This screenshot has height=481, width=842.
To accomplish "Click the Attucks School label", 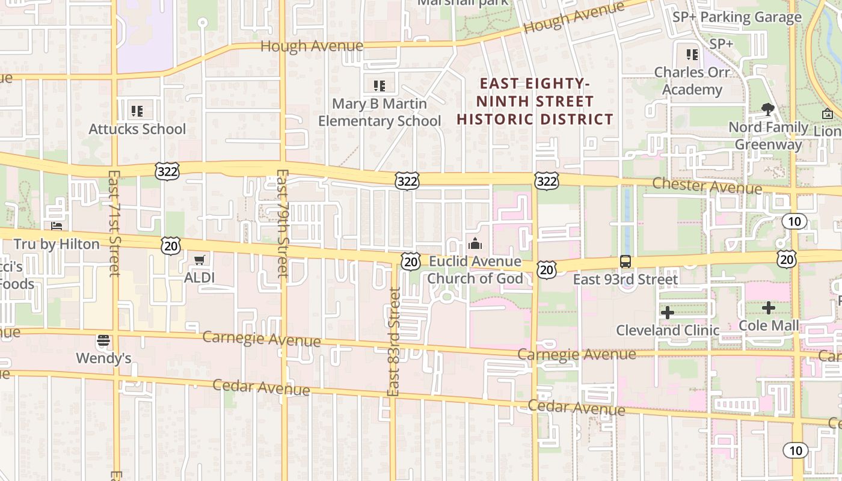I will (137, 129).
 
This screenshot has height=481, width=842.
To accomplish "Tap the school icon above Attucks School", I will (137, 111).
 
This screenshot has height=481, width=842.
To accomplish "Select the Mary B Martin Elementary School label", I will (380, 112).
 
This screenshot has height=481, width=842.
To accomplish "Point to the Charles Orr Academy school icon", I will (692, 55).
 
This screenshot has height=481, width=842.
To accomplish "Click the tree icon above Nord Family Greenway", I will (767, 109).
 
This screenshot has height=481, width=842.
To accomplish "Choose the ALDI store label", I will (199, 278).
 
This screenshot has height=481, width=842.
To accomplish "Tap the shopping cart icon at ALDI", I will (200, 260).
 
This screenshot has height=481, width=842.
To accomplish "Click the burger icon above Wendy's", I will (103, 341).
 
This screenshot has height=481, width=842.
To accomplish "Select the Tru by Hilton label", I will (57, 244).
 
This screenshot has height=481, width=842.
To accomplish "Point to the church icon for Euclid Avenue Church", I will (475, 244).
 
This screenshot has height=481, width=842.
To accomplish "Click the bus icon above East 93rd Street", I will (625, 262).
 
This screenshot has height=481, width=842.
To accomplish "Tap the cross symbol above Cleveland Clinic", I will (668, 313).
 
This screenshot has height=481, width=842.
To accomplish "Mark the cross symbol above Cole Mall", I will (769, 308).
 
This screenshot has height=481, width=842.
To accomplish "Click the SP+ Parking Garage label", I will (737, 17).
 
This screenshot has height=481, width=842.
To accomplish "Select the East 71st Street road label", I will (114, 224).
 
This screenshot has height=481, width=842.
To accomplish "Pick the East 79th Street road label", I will (283, 224).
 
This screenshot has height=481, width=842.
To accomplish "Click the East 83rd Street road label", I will (394, 342).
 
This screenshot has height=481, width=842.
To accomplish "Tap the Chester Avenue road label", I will (707, 186).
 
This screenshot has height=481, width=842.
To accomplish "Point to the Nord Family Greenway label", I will (769, 136).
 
